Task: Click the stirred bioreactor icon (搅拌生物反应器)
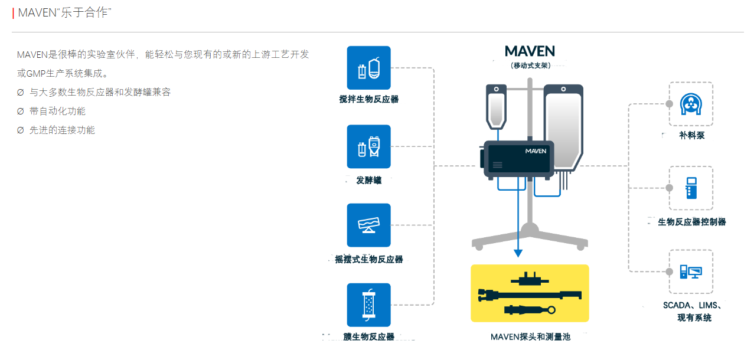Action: click(x=368, y=68)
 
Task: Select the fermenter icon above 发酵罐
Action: click(x=368, y=146)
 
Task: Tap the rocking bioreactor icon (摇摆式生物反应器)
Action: click(x=368, y=225)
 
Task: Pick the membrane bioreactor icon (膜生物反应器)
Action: click(x=368, y=305)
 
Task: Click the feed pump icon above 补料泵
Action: click(x=690, y=104)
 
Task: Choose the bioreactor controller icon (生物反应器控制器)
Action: click(x=690, y=188)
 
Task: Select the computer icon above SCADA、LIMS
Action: click(x=690, y=271)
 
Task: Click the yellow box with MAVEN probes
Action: click(x=530, y=293)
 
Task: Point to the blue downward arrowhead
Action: click(x=518, y=253)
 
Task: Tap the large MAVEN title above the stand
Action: click(x=530, y=51)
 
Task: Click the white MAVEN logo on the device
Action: click(x=536, y=151)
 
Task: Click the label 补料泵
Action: click(x=691, y=136)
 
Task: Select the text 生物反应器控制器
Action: click(x=691, y=222)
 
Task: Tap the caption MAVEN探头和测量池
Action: click(x=530, y=337)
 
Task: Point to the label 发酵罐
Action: click(x=368, y=180)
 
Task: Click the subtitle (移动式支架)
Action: click(x=530, y=66)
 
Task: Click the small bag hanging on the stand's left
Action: click(x=497, y=106)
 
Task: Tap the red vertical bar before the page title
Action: click(x=13, y=13)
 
